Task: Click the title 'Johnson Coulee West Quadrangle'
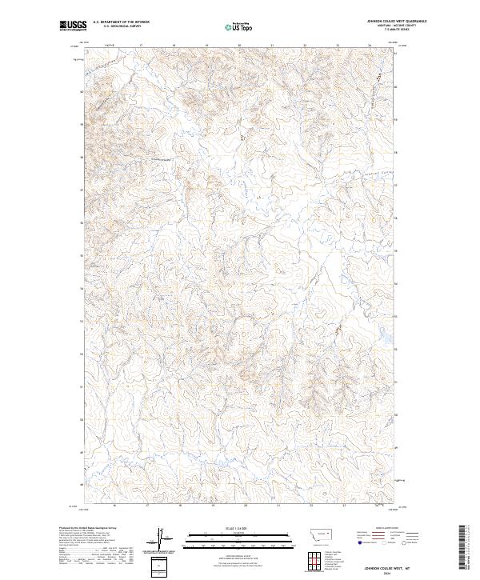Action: tap(397, 21)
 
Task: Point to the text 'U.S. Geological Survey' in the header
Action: tap(120, 26)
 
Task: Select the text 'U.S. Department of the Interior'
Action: tap(121, 21)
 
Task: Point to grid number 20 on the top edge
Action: tap(240, 46)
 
